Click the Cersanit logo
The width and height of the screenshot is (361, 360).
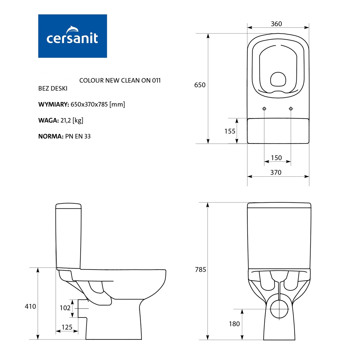coord(72,36)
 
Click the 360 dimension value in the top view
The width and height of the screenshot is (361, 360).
coord(276,24)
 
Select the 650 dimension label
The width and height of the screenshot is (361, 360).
coord(200,85)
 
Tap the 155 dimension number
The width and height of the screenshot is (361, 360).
coord(230,131)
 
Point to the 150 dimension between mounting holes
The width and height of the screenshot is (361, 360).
coord(276,158)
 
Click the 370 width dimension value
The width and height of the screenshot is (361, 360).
coord(276,172)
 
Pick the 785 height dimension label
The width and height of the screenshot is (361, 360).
coord(201,270)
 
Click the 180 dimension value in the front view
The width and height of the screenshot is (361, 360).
coord(234,324)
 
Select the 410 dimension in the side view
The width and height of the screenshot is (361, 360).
coord(30,306)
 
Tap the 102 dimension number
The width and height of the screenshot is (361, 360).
coord(65,308)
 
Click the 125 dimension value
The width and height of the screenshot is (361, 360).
coord(67,327)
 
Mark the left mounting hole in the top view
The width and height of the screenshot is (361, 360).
coord(264,109)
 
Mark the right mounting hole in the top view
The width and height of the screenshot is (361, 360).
coord(291,109)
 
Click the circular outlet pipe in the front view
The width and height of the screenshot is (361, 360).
coord(279,309)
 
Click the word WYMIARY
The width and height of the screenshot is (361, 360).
coord(54,105)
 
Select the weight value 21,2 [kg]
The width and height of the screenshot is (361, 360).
coord(72,121)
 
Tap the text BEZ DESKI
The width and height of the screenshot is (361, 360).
coord(53,88)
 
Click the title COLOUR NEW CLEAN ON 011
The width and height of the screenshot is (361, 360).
coord(120,81)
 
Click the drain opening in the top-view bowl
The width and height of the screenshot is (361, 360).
coord(278,79)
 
